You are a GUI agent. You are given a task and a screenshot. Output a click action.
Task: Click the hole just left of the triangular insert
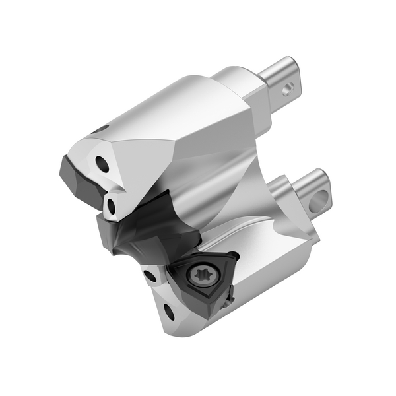pos(151,275)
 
